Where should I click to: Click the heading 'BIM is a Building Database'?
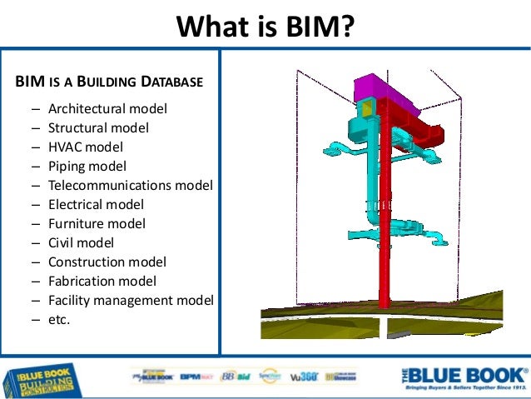(109, 82)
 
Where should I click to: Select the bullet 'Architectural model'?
(107, 109)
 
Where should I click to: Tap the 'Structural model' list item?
(98, 128)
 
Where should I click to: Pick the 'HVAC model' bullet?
(85, 147)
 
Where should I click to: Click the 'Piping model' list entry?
(87, 167)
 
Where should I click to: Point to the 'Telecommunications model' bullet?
(130, 185)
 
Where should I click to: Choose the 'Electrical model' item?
(96, 204)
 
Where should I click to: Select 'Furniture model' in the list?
(97, 223)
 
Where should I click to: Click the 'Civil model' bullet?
(81, 242)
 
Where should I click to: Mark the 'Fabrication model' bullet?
(102, 281)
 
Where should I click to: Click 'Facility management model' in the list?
(131, 299)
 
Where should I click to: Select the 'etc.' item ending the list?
(59, 318)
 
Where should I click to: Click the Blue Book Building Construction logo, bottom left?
(42, 379)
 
